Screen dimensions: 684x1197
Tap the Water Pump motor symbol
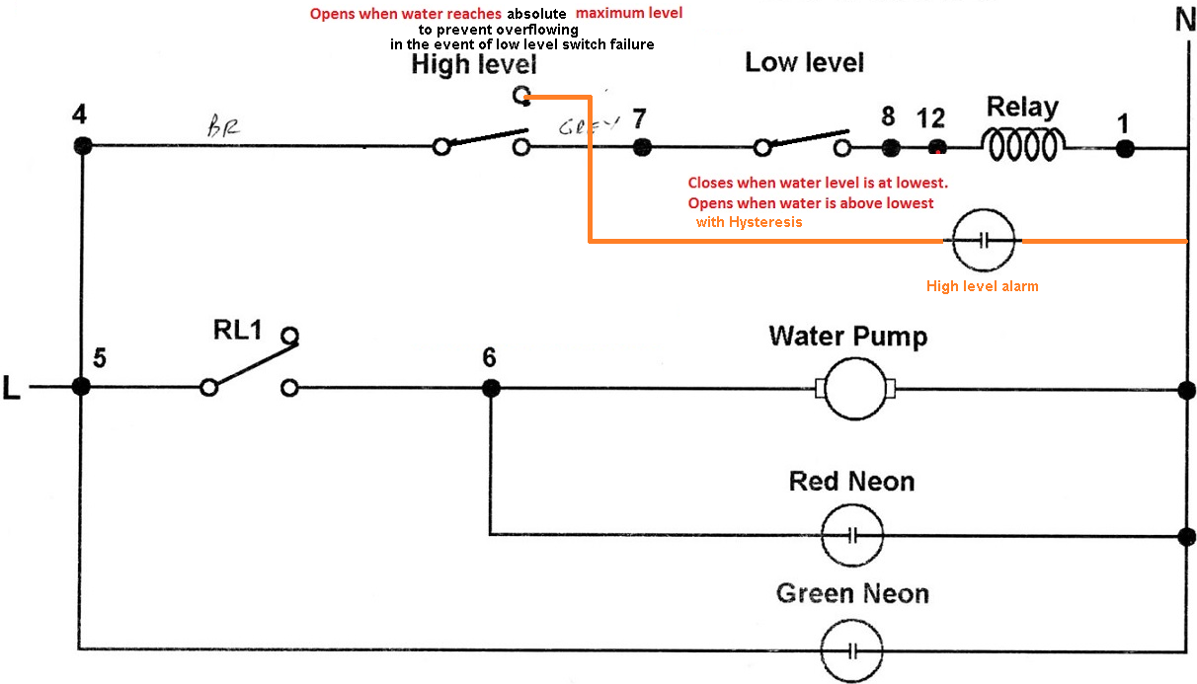pos(854,389)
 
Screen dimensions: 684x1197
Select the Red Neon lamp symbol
pos(853,536)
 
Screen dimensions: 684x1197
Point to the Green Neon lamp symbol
pos(853,649)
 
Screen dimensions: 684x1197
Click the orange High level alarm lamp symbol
pos(983,241)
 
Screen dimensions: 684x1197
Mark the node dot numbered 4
pos(82,145)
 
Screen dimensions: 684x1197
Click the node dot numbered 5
pos(81,388)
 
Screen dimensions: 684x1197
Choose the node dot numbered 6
pos(490,389)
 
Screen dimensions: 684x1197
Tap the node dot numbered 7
pos(642,147)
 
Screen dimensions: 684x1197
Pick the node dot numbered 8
pos(891,147)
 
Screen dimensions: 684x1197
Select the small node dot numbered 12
pos(937,148)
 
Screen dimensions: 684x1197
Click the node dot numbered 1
pos(1125,148)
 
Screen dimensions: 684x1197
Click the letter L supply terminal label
pos(12,389)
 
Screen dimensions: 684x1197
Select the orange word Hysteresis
pos(765,222)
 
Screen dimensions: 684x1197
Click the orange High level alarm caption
pos(982,286)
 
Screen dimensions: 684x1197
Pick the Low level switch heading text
pos(804,63)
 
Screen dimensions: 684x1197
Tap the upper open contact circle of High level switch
pos(521,95)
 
